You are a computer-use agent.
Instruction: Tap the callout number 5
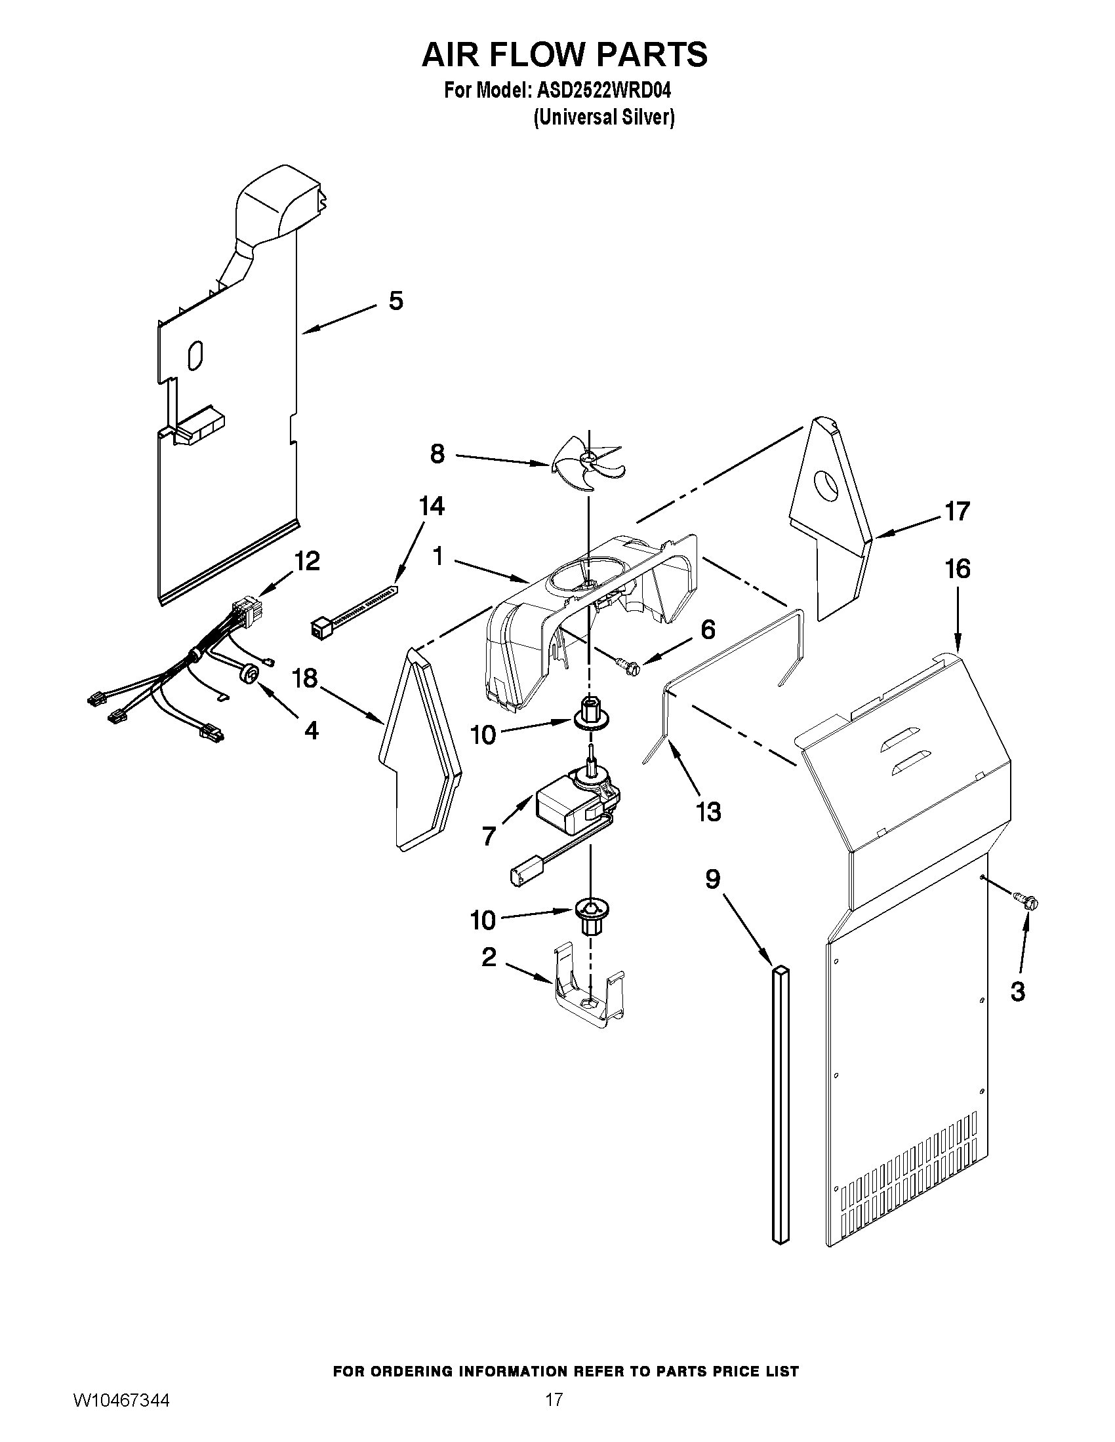tap(395, 301)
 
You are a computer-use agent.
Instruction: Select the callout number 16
tap(958, 569)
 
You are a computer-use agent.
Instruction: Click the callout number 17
tap(957, 512)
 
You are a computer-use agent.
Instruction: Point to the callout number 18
tap(305, 678)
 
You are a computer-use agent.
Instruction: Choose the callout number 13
tap(708, 812)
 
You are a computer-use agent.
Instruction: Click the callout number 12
tap(307, 561)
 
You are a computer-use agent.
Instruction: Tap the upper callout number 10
tap(483, 734)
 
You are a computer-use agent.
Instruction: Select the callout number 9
tap(712, 880)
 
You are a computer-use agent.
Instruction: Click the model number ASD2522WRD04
tap(599, 90)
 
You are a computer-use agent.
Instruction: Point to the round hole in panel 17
tap(826, 485)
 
